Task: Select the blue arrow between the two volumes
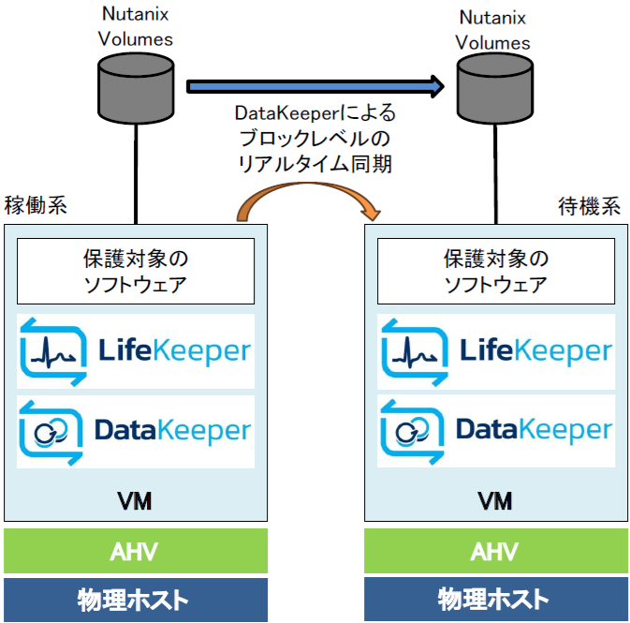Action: coord(315,87)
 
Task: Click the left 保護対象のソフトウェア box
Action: coord(136,271)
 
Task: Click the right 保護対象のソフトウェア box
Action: coord(495,271)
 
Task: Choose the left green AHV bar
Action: coord(136,551)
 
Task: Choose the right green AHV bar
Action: coord(495,551)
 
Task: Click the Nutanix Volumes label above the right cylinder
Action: coord(493,30)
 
